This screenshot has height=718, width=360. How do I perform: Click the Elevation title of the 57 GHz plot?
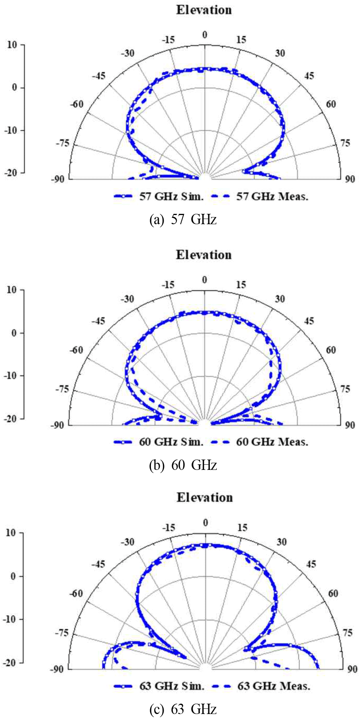click(204, 10)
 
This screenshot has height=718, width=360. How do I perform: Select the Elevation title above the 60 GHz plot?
click(204, 254)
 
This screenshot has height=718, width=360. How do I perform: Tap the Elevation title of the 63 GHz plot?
click(205, 497)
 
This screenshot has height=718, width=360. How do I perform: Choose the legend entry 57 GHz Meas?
click(272, 196)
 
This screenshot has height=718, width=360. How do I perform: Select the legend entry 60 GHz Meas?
click(272, 441)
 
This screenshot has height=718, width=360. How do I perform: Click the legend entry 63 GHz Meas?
click(274, 686)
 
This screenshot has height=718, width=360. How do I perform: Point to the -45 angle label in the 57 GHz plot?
click(98, 76)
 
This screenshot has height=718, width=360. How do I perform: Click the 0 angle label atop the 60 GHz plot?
click(204, 280)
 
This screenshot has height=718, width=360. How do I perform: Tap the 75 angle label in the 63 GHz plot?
click(347, 633)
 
